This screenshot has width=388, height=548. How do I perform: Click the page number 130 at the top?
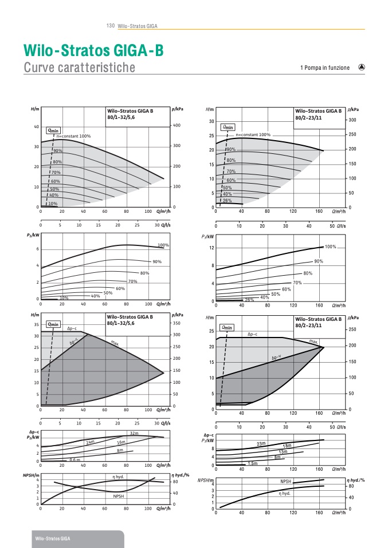[x=111, y=26]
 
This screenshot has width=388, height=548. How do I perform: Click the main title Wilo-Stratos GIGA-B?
[x=93, y=51]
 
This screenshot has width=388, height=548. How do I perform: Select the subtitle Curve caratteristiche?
[x=79, y=68]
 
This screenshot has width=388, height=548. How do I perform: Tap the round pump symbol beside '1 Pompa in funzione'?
[x=362, y=67]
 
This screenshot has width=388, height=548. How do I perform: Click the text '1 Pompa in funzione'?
[x=324, y=68]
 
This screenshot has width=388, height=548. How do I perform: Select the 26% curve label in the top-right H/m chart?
[x=227, y=201]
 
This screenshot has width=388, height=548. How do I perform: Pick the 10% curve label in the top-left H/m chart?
[x=53, y=204]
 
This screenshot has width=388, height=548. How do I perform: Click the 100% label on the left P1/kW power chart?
[x=163, y=245]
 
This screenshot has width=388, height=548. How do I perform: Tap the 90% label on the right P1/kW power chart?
[x=319, y=261]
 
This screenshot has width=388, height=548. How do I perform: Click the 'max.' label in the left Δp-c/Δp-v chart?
[x=115, y=343]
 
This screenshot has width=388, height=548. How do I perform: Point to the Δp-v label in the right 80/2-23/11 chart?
[x=276, y=358]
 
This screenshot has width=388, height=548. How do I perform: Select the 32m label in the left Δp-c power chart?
[x=134, y=434]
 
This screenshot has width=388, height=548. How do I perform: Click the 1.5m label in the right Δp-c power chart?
[x=252, y=463]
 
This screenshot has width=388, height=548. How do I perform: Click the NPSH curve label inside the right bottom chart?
[x=287, y=482]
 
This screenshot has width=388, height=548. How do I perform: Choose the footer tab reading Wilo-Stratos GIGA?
[x=53, y=539]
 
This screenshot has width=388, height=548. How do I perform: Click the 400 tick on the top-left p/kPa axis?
[x=177, y=125]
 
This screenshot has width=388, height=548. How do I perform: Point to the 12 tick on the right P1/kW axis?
[x=211, y=248]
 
